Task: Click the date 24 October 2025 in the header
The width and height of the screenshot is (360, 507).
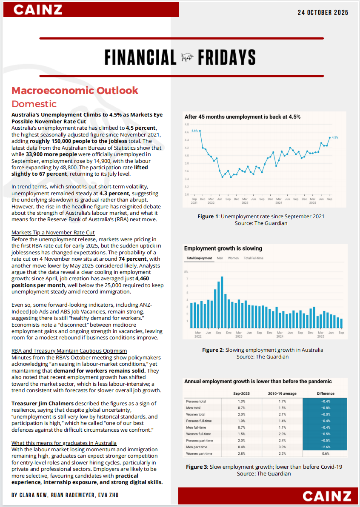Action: point(323,12)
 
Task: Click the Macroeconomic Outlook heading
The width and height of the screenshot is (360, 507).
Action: point(75,90)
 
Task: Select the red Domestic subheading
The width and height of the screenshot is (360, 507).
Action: point(34,104)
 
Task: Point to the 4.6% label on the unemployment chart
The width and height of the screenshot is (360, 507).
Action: point(195,131)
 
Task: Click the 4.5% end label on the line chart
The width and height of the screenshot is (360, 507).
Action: point(335,137)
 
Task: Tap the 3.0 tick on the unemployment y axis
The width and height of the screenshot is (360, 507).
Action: point(186,194)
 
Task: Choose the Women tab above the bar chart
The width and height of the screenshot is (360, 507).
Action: point(233,258)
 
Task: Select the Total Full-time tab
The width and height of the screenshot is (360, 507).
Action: point(253,258)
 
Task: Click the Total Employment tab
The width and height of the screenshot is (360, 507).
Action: point(199,258)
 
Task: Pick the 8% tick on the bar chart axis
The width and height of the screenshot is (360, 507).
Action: point(186,271)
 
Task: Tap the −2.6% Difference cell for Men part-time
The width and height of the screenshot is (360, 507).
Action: point(326,447)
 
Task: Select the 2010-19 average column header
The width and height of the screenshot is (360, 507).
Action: point(282,393)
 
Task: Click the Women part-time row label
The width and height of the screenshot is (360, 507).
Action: point(199,453)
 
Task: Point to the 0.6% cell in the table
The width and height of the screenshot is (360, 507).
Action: point(326,453)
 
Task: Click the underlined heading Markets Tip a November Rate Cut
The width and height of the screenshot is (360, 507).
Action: point(53,232)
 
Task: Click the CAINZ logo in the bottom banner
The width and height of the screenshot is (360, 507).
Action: point(327,496)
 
